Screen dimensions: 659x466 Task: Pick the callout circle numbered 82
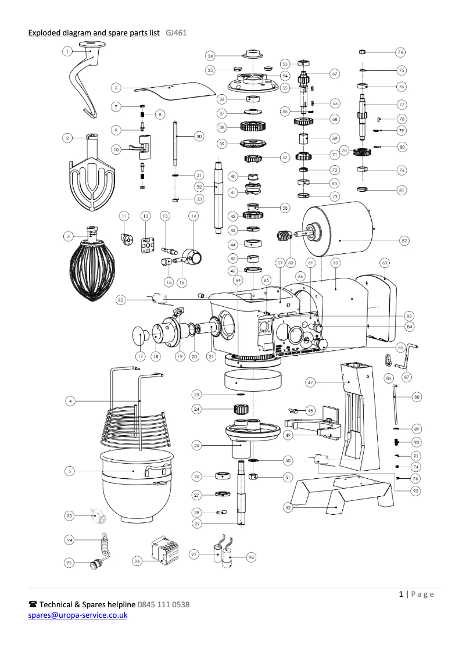click(404, 240)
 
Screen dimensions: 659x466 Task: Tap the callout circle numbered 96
click(137, 561)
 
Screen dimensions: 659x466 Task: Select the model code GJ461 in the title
click(176, 33)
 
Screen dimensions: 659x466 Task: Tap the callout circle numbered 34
click(210, 56)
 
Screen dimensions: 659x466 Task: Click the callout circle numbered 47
click(311, 382)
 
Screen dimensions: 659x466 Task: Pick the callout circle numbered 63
click(385, 263)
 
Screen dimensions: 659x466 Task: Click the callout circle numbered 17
click(140, 356)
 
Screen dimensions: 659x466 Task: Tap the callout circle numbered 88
click(417, 397)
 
